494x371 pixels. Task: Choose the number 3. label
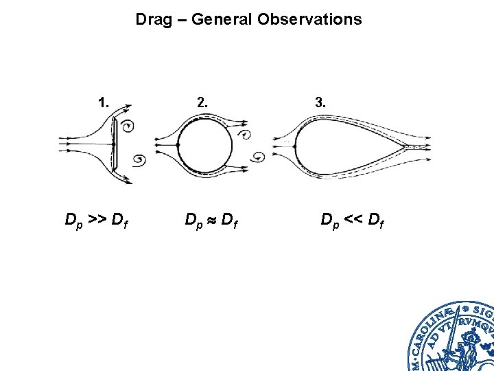320,103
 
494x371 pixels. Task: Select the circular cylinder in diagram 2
204,146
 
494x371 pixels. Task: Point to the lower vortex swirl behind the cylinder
259,157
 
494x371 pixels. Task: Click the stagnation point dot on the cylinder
178,146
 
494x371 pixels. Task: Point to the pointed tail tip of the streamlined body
406,146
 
